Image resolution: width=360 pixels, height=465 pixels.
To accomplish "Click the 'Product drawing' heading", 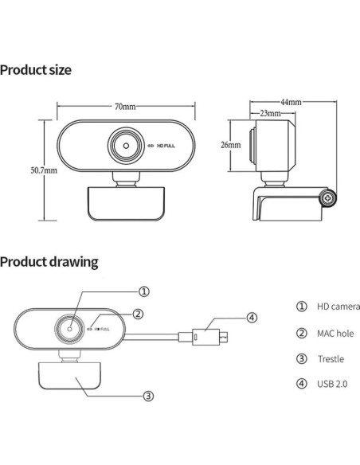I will pyautogui.click(x=49, y=261).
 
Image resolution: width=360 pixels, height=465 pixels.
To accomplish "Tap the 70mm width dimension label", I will pyautogui.click(x=123, y=107).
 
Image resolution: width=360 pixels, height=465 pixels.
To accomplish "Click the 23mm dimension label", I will pyautogui.click(x=271, y=115).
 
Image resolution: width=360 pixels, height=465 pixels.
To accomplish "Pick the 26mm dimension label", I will pyautogui.click(x=230, y=146).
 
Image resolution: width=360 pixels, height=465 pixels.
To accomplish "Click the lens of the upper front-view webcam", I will pyautogui.click(x=124, y=146).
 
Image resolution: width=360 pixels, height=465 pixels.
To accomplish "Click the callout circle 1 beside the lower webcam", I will pyautogui.click(x=144, y=291).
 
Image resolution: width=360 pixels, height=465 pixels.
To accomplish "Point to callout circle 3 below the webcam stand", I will pyautogui.click(x=147, y=395).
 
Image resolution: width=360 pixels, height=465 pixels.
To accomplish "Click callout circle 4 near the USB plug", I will pyautogui.click(x=252, y=318).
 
